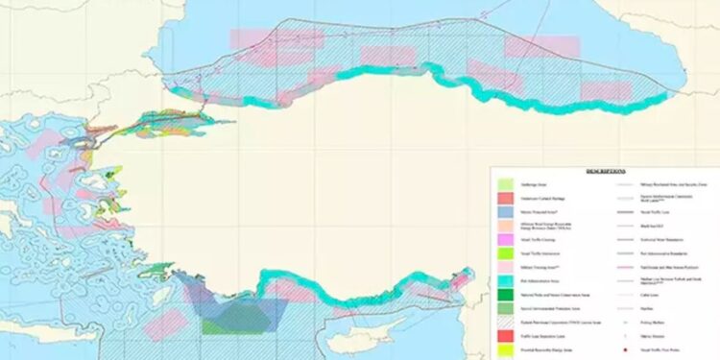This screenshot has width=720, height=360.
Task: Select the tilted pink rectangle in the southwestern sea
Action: pos(165,324)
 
